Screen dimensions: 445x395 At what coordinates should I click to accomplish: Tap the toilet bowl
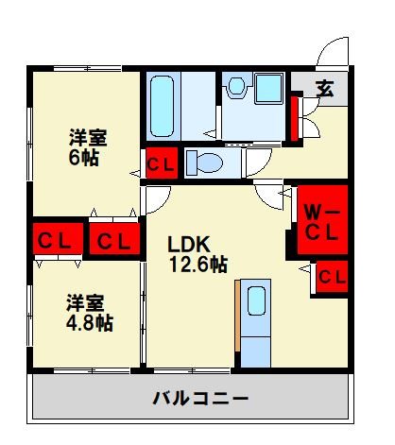206,163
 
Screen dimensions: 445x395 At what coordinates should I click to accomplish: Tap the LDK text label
187,243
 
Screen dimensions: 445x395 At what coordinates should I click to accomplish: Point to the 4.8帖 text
90,323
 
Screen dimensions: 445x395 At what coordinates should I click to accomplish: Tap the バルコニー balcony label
201,398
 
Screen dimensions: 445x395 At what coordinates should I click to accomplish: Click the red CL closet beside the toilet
159,163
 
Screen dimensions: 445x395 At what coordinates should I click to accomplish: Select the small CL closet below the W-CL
331,276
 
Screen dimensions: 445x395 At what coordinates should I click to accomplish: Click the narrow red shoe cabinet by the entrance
296,114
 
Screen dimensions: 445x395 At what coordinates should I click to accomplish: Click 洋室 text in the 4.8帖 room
85,302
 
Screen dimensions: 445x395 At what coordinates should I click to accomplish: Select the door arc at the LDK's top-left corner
155,199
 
